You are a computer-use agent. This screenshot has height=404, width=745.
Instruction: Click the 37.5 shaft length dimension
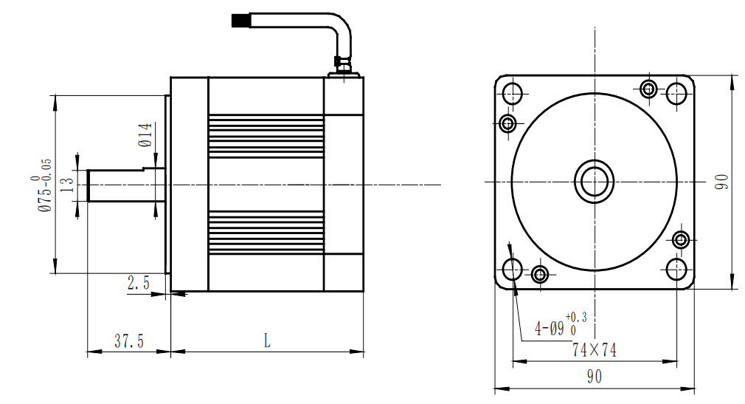coord(128,341)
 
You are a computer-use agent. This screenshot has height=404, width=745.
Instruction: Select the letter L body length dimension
coord(267,341)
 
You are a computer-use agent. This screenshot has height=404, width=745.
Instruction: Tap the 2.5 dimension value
coord(139,283)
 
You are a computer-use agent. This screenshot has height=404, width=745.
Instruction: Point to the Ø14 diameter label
coord(145,135)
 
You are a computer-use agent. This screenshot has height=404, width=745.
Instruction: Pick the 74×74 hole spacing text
coord(594,350)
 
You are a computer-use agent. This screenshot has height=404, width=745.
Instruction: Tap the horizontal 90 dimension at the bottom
coord(594,377)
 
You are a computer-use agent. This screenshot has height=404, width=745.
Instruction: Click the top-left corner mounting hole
coord(512,93)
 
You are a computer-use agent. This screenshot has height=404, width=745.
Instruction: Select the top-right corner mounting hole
coord(677,93)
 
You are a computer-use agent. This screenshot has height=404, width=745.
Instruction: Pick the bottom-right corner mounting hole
coord(677,269)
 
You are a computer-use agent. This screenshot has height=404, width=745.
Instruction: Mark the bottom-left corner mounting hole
coord(512,269)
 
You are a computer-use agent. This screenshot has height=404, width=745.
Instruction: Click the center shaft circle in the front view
coord(594,181)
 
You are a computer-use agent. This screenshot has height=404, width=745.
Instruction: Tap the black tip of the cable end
coord(240,21)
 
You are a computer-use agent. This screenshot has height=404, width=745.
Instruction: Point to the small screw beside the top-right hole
coord(648,89)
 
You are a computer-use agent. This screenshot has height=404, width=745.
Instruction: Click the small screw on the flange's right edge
coord(681,239)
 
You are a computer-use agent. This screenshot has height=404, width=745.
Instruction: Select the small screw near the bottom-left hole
coord(540,275)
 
